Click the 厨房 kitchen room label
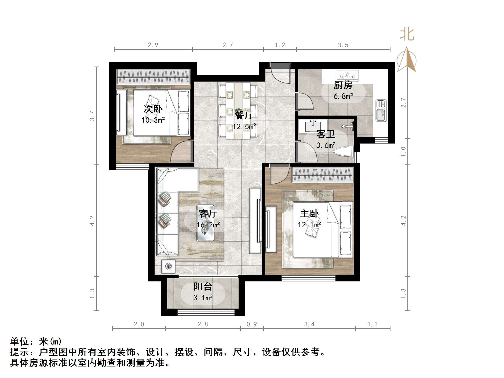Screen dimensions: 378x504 pyautogui.click(x=343, y=85)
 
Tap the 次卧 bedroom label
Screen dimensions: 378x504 pyautogui.click(x=153, y=109)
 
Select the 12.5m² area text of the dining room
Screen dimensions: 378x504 pyautogui.click(x=244, y=126)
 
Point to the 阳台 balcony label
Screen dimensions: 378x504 pyautogui.click(x=203, y=287)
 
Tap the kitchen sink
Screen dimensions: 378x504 pyautogui.click(x=381, y=110)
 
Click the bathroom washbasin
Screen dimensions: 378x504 pyautogui.click(x=313, y=126)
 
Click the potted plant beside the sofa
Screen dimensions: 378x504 pyautogui.click(x=168, y=266)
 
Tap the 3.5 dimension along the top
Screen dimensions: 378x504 pyautogui.click(x=343, y=45)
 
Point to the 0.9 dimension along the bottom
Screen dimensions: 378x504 pyautogui.click(x=252, y=324)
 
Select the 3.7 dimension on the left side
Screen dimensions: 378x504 pyautogui.click(x=92, y=116)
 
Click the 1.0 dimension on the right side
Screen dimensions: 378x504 pyautogui.click(x=403, y=152)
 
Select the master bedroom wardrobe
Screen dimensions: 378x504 pyautogui.click(x=322, y=175)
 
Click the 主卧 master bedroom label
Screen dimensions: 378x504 pyautogui.click(x=309, y=214)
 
